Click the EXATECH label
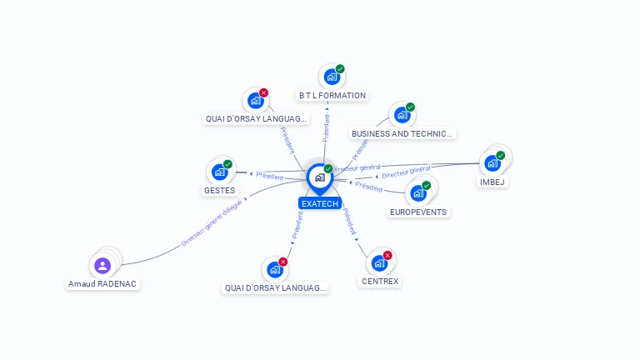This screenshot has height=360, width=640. pyautogui.click(x=320, y=203)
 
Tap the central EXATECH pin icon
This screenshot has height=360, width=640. pyautogui.click(x=320, y=177)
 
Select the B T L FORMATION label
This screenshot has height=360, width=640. pyautogui.click(x=332, y=96)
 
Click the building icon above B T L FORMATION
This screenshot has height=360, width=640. pyautogui.click(x=332, y=77)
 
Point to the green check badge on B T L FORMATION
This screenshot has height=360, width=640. pyautogui.click(x=340, y=69)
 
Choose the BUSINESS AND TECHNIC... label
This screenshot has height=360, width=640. pyautogui.click(x=402, y=133)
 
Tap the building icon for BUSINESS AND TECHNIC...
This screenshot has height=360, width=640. pyautogui.click(x=402, y=115)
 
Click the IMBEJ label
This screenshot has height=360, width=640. pyautogui.click(x=492, y=182)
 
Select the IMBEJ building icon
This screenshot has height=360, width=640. pyautogui.click(x=492, y=162)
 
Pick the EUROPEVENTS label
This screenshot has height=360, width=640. pyautogui.click(x=418, y=212)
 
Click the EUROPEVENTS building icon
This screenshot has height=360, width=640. pyautogui.click(x=417, y=192)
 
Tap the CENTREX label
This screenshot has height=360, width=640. pyautogui.click(x=380, y=282)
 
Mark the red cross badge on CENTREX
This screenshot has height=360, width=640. pyautogui.click(x=387, y=255)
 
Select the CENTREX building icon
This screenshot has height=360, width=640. pyautogui.click(x=379, y=263)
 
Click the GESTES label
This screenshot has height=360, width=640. pyautogui.click(x=219, y=191)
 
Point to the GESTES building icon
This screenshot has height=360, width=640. pyautogui.click(x=219, y=172)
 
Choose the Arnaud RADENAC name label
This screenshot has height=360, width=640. pyautogui.click(x=102, y=284)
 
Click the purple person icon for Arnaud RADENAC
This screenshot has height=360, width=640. pyautogui.click(x=102, y=265)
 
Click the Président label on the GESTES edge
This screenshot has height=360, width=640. pyautogui.click(x=270, y=176)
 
